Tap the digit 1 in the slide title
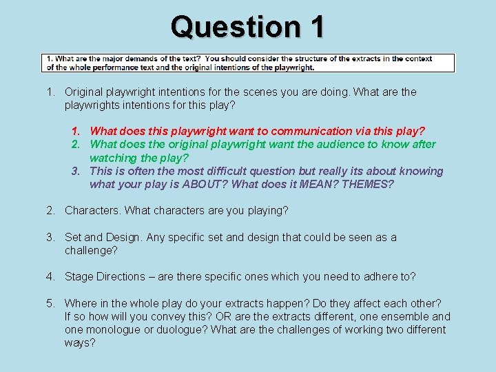coord(316,28)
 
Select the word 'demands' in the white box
coord(138,59)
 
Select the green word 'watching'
coord(112,157)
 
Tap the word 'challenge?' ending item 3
coord(91,250)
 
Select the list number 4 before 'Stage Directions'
coord(50,276)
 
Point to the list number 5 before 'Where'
coord(50,303)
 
